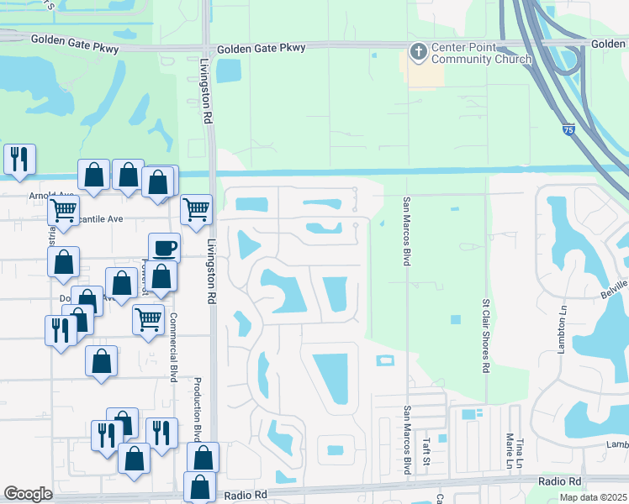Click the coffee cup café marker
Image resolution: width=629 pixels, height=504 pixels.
pyautogui.click(x=164, y=248)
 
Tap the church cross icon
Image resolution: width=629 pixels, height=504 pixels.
pyautogui.click(x=418, y=52)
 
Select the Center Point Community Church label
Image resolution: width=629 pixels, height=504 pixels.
pyautogui.click(x=481, y=53)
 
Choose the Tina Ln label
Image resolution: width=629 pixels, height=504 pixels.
pyautogui.click(x=520, y=452)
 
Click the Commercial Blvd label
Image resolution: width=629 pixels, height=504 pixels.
pyautogui.click(x=174, y=348)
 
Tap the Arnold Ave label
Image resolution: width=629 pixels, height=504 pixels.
pyautogui.click(x=47, y=196)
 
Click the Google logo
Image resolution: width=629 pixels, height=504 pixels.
pyautogui.click(x=28, y=494)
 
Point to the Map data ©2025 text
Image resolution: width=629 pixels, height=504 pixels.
pyautogui.click(x=593, y=497)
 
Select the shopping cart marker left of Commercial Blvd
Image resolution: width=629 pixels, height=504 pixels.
pyautogui.click(x=149, y=319)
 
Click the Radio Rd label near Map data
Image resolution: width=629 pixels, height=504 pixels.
pyautogui.click(x=560, y=480)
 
